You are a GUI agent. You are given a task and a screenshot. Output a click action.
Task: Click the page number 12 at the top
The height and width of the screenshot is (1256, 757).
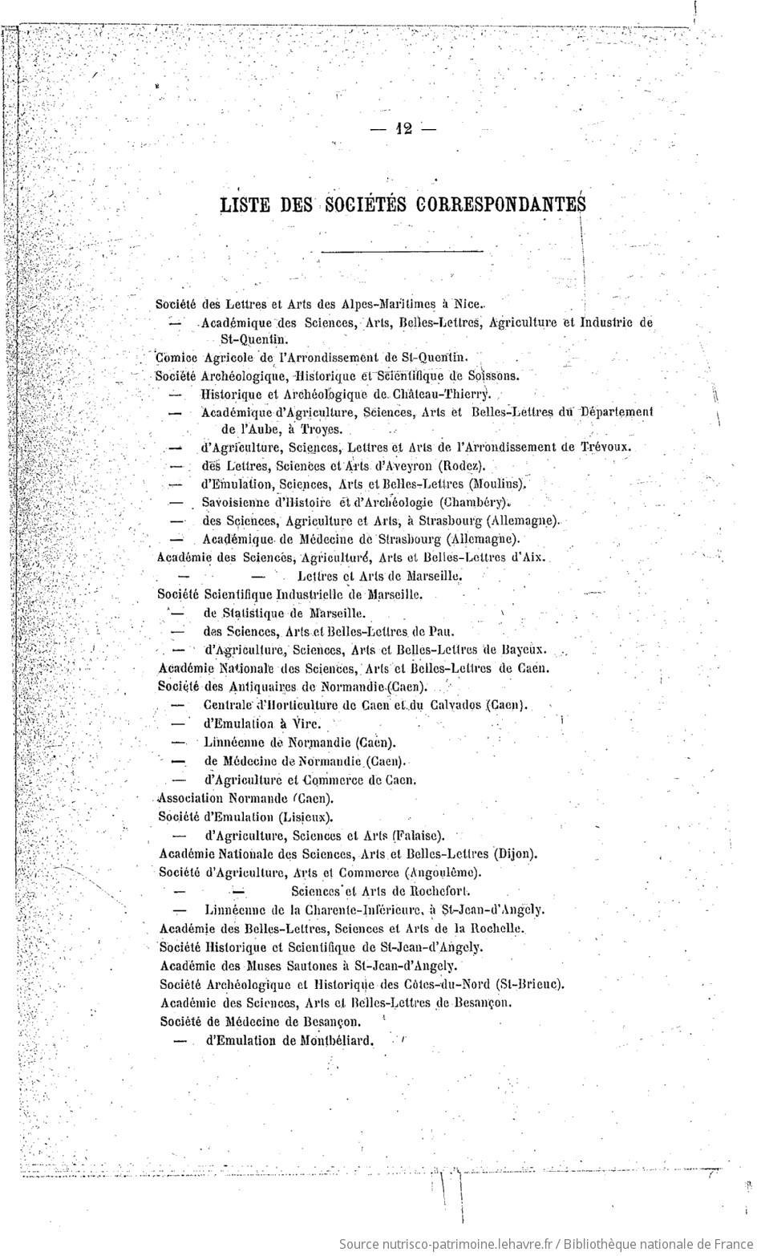[x=403, y=130]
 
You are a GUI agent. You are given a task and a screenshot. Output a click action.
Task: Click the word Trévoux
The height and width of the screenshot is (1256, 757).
[x=605, y=448]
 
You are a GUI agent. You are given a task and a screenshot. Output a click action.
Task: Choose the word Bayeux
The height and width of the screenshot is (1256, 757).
[x=524, y=650]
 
